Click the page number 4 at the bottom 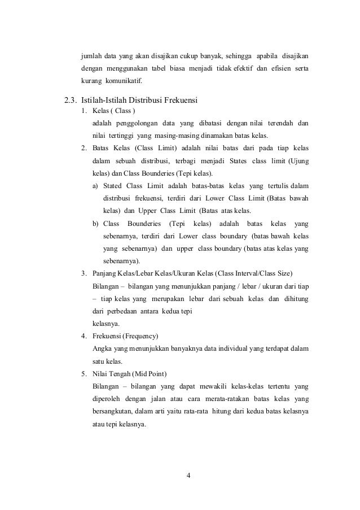[189, 474]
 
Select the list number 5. [83, 374]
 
